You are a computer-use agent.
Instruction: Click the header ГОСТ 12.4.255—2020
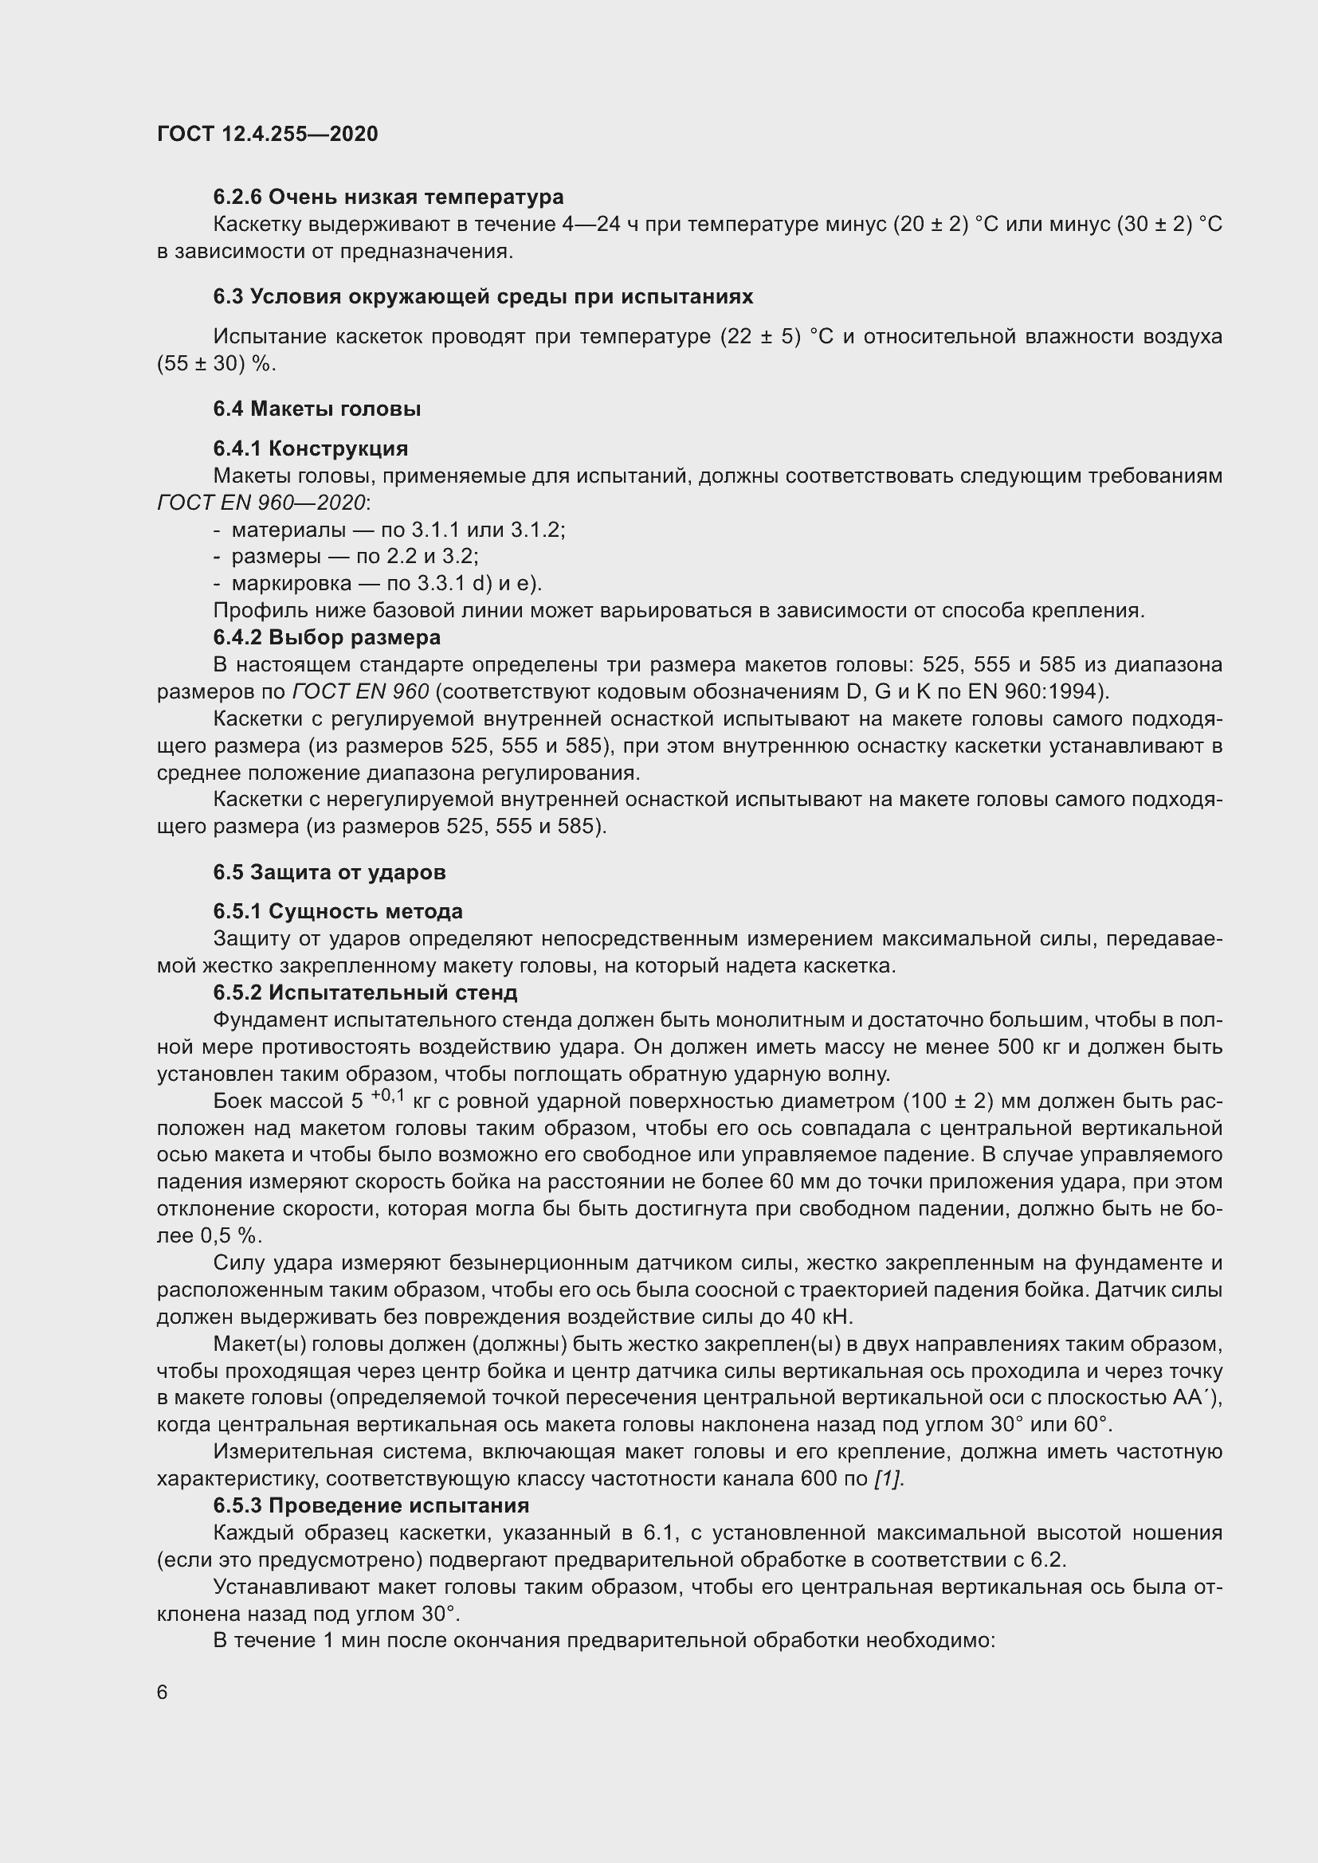267,134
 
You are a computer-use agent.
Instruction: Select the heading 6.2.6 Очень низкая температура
388,197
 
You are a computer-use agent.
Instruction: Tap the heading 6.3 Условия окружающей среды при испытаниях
483,296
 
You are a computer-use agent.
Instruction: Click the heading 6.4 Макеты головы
316,408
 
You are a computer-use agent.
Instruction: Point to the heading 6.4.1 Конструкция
310,448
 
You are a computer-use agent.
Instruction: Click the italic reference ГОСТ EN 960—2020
261,503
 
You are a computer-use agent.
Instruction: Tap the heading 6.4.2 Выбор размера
326,637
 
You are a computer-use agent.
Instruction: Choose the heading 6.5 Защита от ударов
330,872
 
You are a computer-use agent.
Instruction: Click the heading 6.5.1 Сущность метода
338,911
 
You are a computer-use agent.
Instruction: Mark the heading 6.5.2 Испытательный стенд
365,992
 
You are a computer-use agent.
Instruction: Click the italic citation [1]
888,1478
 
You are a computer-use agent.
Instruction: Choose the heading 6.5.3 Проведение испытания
371,1505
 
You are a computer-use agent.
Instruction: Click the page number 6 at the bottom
163,1692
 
